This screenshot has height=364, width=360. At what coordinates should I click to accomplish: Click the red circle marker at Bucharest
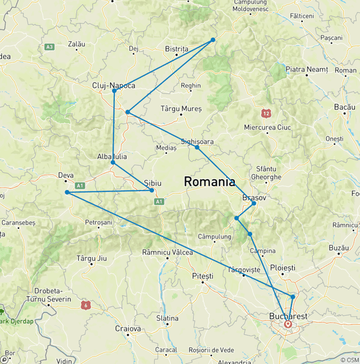pos(288,324)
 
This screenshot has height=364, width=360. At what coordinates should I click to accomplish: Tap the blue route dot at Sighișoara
pos(197,147)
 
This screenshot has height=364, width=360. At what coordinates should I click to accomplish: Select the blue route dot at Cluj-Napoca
pos(114,91)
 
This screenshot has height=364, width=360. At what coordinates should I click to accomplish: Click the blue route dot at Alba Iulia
pos(112,162)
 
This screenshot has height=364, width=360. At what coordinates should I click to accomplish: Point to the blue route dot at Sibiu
pos(151,190)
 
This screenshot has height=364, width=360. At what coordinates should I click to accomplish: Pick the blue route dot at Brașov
pos(254,203)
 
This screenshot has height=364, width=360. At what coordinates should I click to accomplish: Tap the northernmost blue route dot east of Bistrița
pos(213,40)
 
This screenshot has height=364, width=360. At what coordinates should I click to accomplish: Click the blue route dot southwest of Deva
pos(67,192)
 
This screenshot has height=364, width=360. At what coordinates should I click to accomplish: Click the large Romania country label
pos(210,182)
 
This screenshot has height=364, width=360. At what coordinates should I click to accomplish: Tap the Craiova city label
pos(128,329)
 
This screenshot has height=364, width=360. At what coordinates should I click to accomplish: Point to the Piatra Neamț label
pos(307,69)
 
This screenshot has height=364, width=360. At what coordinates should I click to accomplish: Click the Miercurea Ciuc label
pos(267,128)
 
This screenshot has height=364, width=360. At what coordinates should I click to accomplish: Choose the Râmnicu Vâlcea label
pos(167,252)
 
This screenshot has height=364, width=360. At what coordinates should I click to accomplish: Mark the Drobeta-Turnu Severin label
pos(49,295)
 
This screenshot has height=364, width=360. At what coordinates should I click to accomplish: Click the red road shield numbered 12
pos(267,113)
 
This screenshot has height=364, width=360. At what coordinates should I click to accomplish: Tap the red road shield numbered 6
pos(85,305)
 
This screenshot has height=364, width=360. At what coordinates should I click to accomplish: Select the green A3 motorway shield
pos(50,47)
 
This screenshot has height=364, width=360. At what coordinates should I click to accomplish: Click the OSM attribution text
pos(349,360)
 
